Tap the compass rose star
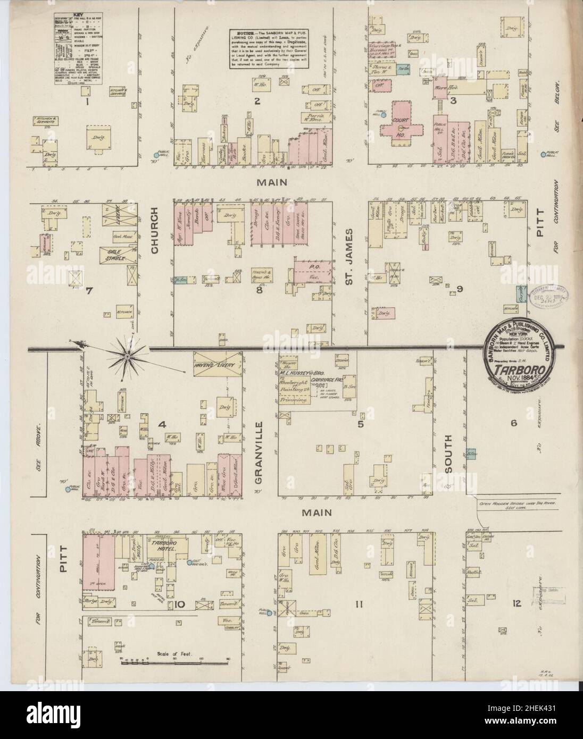[129, 351]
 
